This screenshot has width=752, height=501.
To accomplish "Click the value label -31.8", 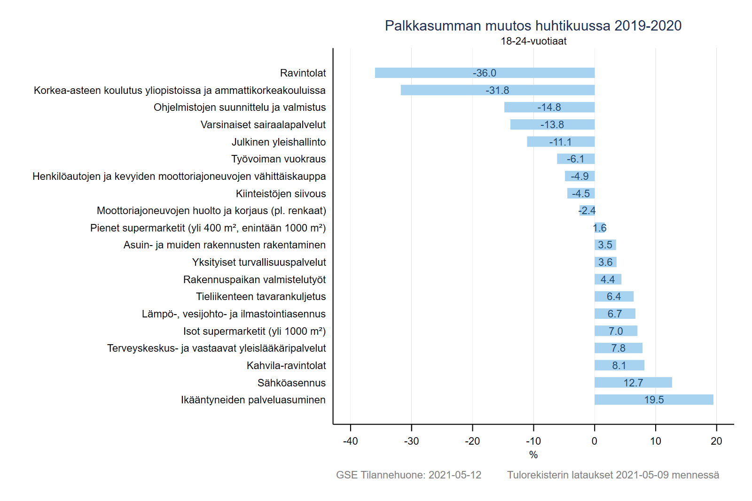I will (497, 90).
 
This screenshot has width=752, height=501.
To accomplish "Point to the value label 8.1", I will (619, 365).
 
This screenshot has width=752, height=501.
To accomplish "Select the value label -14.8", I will (549, 108).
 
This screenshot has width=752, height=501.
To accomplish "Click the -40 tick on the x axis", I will (350, 441).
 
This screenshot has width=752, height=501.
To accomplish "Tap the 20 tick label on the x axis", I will (716, 441).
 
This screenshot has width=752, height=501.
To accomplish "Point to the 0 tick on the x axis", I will (595, 441).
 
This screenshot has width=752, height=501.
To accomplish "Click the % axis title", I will (533, 455).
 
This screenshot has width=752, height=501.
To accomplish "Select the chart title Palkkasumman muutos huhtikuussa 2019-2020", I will (533, 26).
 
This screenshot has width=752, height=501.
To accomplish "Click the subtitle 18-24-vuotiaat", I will (533, 41).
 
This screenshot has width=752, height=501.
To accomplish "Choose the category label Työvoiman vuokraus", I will (278, 159).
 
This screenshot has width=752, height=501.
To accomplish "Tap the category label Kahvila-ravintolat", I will (286, 365).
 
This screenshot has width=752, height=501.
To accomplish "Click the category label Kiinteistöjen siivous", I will (281, 193).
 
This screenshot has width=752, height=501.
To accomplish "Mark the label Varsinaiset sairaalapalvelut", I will (263, 125).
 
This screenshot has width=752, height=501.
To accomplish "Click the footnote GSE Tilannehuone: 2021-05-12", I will (408, 475).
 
